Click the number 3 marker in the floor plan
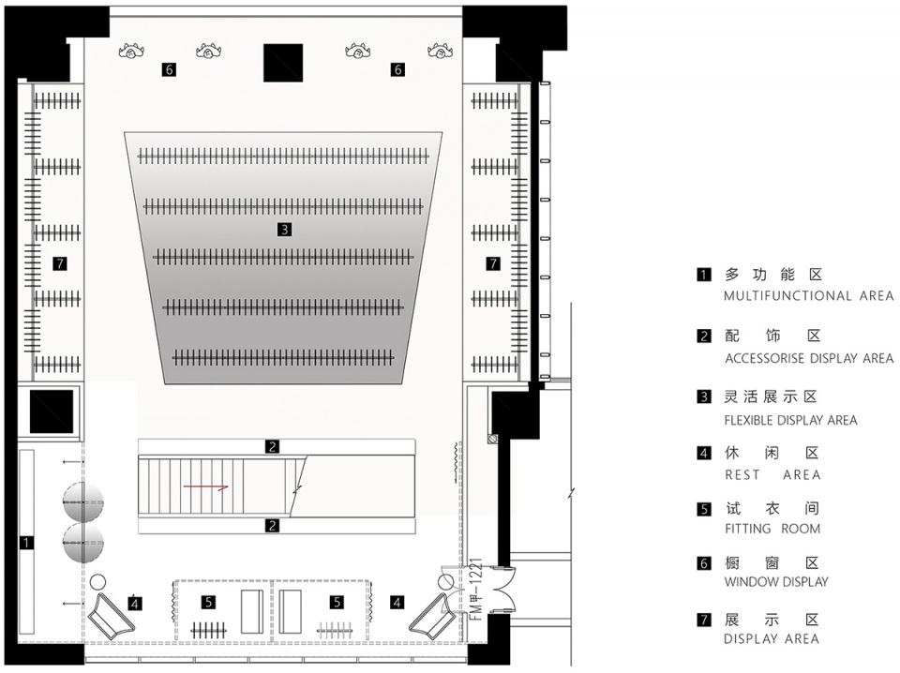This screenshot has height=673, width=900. (284, 230)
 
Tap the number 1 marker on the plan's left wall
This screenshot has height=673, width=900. (26, 542)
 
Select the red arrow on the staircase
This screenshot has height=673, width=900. (206, 487)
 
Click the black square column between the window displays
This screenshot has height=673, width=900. (283, 63)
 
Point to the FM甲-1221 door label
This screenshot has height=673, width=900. (477, 590)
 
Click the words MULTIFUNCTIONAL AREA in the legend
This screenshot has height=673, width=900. (809, 296)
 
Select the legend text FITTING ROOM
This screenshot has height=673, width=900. (772, 529)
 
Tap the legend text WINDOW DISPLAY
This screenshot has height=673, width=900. (776, 582)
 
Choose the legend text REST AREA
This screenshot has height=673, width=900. (772, 475)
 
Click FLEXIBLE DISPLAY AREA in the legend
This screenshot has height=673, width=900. (790, 421)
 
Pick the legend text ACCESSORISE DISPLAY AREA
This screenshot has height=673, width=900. (809, 359)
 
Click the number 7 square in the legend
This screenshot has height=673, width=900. (704, 620)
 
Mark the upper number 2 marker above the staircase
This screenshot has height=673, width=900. (272, 446)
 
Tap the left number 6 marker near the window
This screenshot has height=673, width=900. (168, 69)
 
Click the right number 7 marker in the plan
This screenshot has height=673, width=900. (493, 263)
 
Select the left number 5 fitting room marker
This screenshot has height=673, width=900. (209, 602)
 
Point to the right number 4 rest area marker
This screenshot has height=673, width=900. (397, 603)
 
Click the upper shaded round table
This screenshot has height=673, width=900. (83, 502)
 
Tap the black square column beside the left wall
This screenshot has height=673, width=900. (52, 411)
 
